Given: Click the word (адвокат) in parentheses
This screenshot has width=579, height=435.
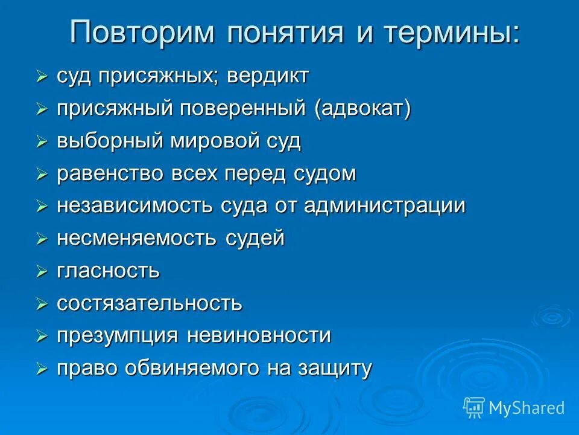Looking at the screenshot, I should click(x=353, y=109).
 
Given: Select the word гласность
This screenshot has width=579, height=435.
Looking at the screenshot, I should click(x=109, y=271).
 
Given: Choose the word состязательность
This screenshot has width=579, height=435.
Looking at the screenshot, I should click(x=150, y=303).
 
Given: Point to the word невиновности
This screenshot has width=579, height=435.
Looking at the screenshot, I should click(x=259, y=335).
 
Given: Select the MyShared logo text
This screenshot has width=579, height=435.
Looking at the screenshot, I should click(x=527, y=408).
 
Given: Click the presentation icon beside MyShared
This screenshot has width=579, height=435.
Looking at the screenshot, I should click(x=474, y=407).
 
